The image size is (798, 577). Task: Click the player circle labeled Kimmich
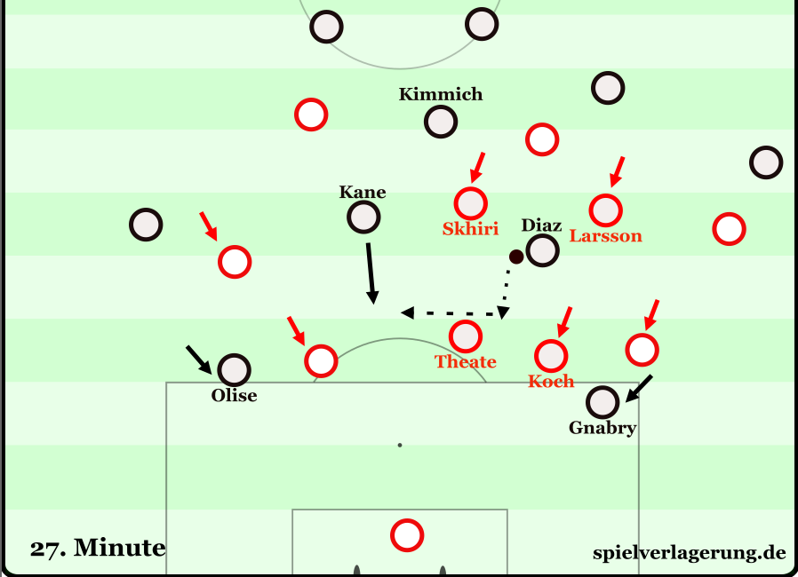[x=441, y=121]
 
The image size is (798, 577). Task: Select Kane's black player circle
[x=363, y=217]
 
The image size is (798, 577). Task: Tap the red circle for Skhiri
[x=470, y=202]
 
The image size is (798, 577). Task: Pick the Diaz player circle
[x=542, y=250]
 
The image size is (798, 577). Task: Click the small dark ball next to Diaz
[x=515, y=257]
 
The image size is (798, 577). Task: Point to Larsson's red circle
[x=605, y=210]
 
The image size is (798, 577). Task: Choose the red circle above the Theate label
[x=465, y=336]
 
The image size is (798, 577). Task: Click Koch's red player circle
[x=551, y=355]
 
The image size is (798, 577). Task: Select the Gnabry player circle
[x=602, y=402]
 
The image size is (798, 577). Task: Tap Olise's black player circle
[x=234, y=369]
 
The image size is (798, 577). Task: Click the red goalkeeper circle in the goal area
[x=407, y=534]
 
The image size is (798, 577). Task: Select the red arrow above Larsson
[x=618, y=171]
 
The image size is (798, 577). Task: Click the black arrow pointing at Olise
[x=200, y=359]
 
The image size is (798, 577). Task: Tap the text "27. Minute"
[x=98, y=549]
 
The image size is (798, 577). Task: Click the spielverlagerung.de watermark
[x=689, y=553]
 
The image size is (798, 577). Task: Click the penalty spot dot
[x=400, y=444]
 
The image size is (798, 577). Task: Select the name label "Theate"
[x=465, y=362]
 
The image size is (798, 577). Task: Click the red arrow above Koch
[x=563, y=320]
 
